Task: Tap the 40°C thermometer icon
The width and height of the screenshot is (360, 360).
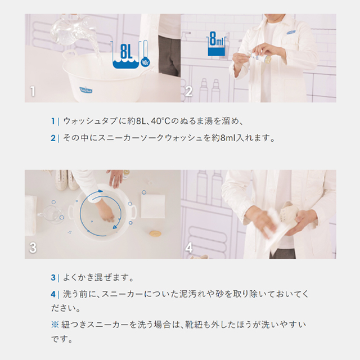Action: (145, 54)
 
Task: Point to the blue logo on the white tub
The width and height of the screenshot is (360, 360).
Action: (86, 90)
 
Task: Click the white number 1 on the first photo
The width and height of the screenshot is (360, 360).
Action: (33, 91)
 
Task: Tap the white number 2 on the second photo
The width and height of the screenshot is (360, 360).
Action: (189, 91)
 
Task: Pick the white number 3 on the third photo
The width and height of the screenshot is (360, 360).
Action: (33, 247)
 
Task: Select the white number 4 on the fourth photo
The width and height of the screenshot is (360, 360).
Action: (189, 247)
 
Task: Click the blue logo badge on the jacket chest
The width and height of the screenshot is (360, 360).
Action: (291, 33)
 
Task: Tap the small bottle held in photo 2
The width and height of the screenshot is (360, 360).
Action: (260, 57)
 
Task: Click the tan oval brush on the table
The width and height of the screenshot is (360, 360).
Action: (155, 234)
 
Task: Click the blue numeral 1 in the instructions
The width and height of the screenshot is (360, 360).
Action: (53, 121)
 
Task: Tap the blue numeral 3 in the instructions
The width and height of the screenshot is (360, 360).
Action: (53, 277)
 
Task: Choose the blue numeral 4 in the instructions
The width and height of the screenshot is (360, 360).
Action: (53, 294)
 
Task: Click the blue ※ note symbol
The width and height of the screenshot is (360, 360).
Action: (55, 325)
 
